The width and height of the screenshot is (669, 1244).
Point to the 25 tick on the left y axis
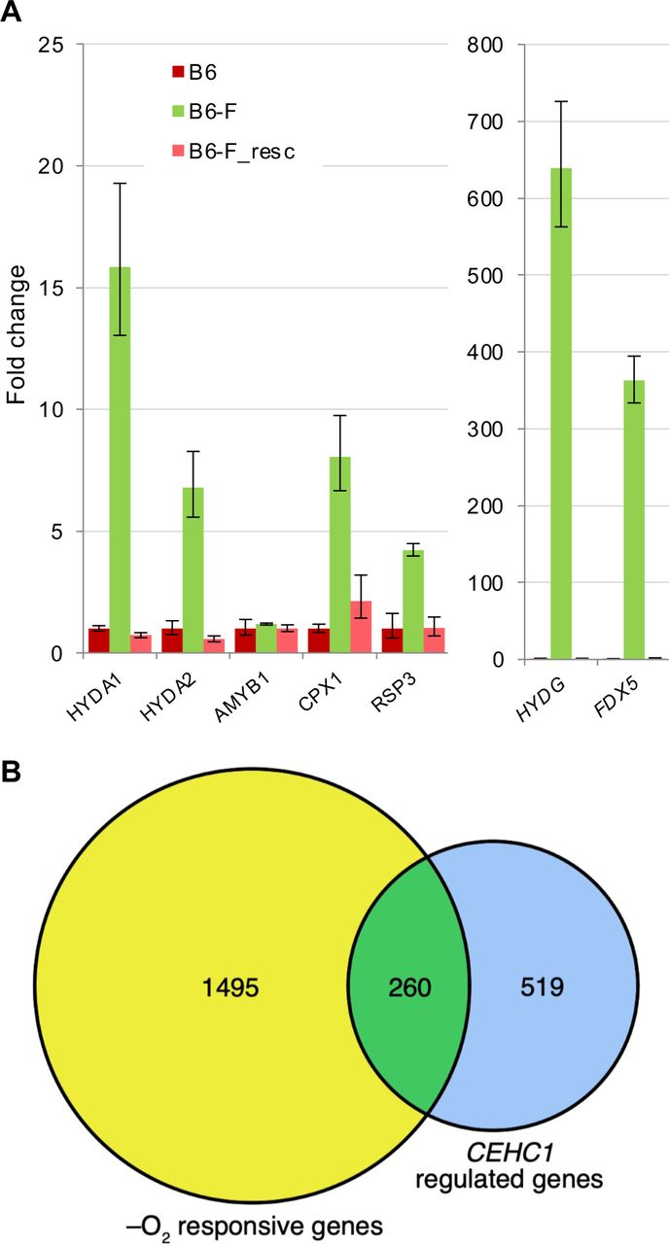[50, 45]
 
